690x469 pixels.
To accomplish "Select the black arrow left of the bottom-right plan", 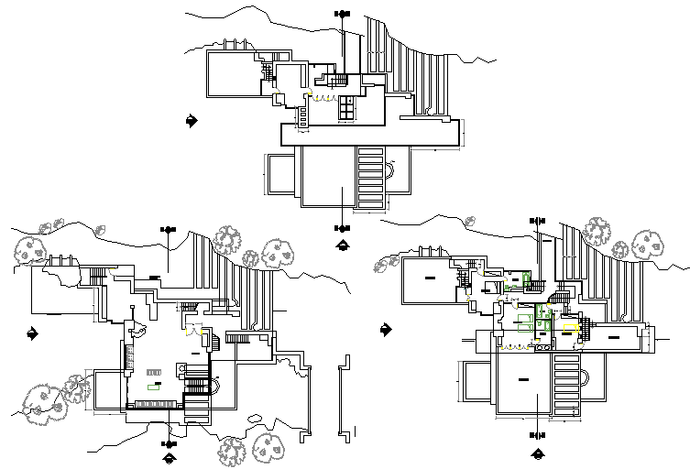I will point(386,329).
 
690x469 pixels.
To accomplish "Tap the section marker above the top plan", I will point(343,14).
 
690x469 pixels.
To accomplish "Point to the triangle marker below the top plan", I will point(343,244).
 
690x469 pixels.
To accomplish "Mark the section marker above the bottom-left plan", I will point(168,227).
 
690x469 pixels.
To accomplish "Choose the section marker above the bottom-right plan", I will point(538,220).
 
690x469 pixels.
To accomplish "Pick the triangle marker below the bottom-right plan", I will point(538,453).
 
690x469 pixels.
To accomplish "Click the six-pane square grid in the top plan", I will point(346,107).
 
